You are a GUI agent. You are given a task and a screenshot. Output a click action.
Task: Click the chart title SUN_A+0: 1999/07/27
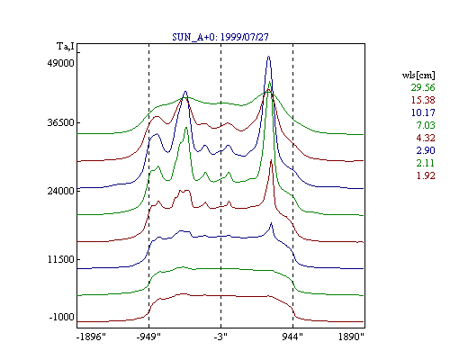tap(220, 37)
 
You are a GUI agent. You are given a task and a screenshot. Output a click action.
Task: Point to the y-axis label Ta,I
tap(66, 47)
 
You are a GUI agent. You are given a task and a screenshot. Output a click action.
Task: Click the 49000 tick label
tap(60, 63)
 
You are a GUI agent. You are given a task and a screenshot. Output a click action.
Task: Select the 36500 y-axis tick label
tap(60, 123)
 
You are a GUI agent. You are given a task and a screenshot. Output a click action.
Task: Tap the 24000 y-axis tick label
tap(60, 191)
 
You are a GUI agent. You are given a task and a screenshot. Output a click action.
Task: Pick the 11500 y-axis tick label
tap(60, 259)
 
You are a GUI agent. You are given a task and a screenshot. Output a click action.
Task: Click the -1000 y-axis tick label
tap(61, 317)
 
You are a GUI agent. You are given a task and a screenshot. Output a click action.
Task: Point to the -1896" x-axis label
tap(91, 337)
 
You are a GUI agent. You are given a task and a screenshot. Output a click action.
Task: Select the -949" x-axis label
tap(148, 337)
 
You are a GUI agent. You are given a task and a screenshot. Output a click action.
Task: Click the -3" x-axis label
tap(220, 337)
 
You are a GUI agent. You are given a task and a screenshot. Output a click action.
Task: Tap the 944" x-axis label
tap(292, 337)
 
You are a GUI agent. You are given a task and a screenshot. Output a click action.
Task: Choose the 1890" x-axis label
tap(351, 337)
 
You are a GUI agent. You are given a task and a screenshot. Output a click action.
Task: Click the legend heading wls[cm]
tap(418, 75)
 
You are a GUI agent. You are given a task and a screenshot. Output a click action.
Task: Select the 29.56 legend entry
tap(423, 87)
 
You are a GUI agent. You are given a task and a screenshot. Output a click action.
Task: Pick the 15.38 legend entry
tap(423, 100)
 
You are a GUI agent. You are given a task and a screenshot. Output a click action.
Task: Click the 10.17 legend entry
tap(423, 112)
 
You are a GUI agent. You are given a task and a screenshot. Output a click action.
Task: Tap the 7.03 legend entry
tap(426, 125)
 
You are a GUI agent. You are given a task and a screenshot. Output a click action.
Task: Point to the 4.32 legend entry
tap(426, 138)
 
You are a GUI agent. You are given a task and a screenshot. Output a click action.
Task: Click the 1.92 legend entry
tap(426, 175)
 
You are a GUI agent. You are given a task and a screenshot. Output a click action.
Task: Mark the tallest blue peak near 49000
tap(268, 57)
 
